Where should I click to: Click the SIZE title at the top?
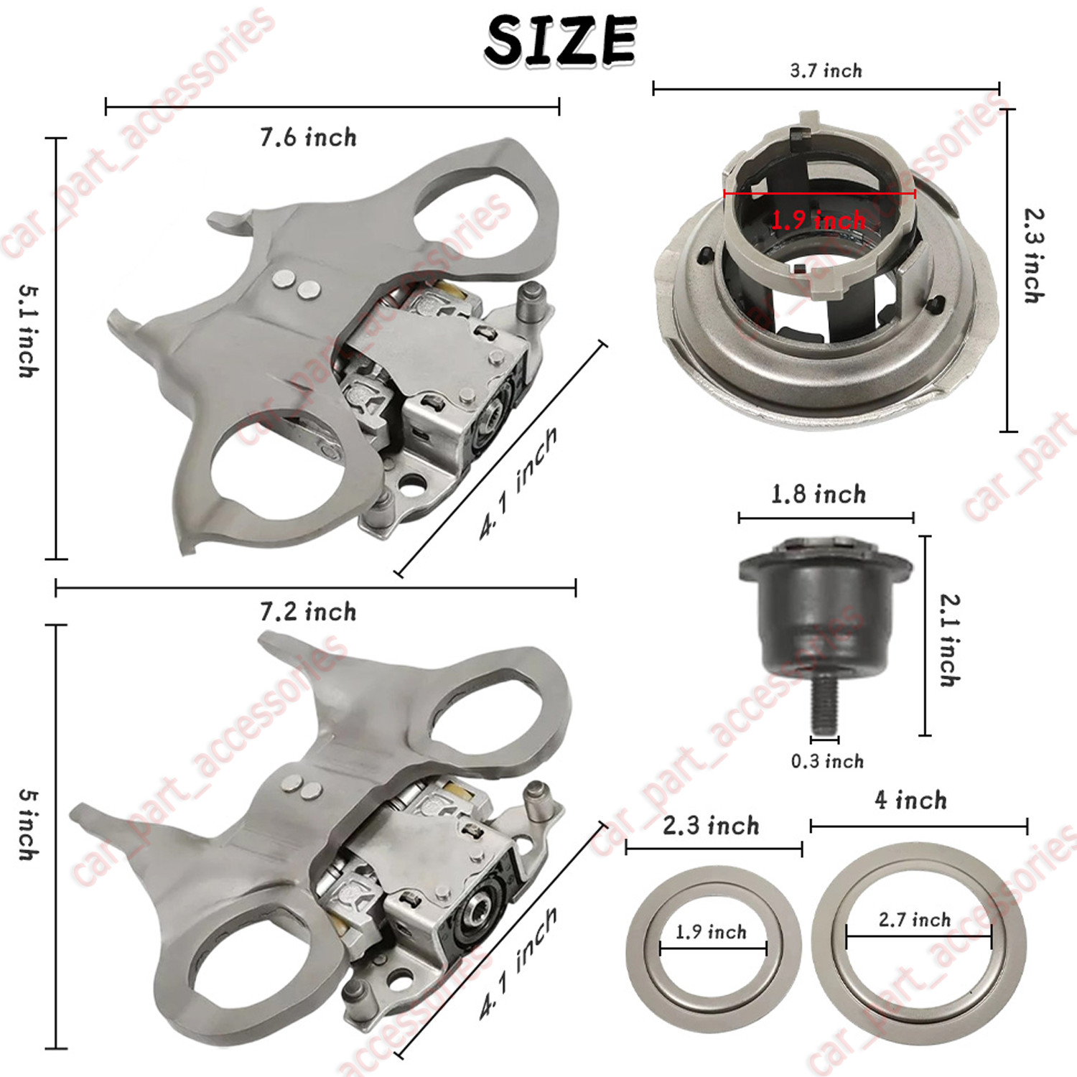(560, 41)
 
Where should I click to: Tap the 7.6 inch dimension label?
(308, 137)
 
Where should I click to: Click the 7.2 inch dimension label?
(308, 612)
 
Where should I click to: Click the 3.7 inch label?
(826, 70)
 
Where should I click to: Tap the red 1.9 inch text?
(819, 220)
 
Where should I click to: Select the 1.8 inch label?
(819, 494)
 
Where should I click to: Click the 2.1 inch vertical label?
(950, 640)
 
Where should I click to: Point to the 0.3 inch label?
(827, 761)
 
